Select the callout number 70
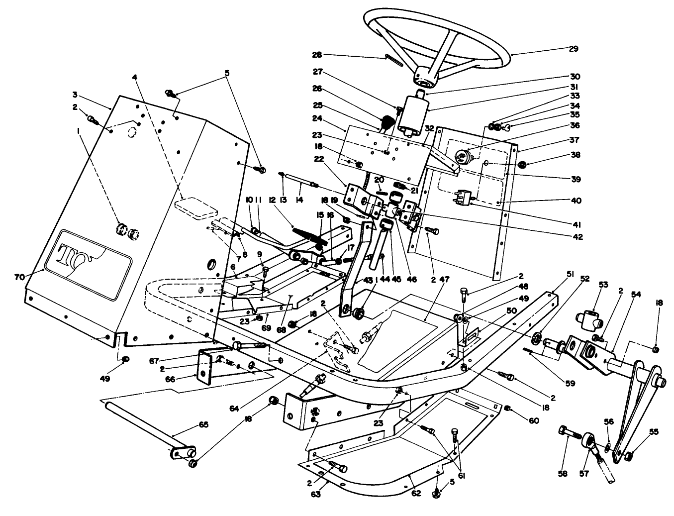20,277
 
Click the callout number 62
416,493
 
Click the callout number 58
562,474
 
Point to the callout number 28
317,54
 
